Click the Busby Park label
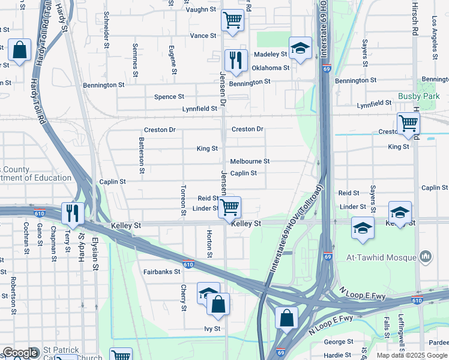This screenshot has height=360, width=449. pyautogui.click(x=419, y=96)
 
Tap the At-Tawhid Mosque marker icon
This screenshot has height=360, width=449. pyautogui.click(x=426, y=257)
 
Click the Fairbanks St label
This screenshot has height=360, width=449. pyautogui.click(x=161, y=272)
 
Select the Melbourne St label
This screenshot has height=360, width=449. pyautogui.click(x=250, y=161)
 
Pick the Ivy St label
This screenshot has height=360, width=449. pyautogui.click(x=212, y=329)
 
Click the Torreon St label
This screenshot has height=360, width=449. pyautogui.click(x=182, y=200)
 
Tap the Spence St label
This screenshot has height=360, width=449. pyautogui.click(x=169, y=97)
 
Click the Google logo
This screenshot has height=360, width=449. pyautogui.click(x=20, y=353)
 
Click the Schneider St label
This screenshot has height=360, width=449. pyautogui.click(x=107, y=29)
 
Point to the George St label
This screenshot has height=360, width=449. pyautogui.click(x=334, y=342)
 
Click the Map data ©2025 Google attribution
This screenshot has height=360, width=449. pyautogui.click(x=411, y=355)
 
